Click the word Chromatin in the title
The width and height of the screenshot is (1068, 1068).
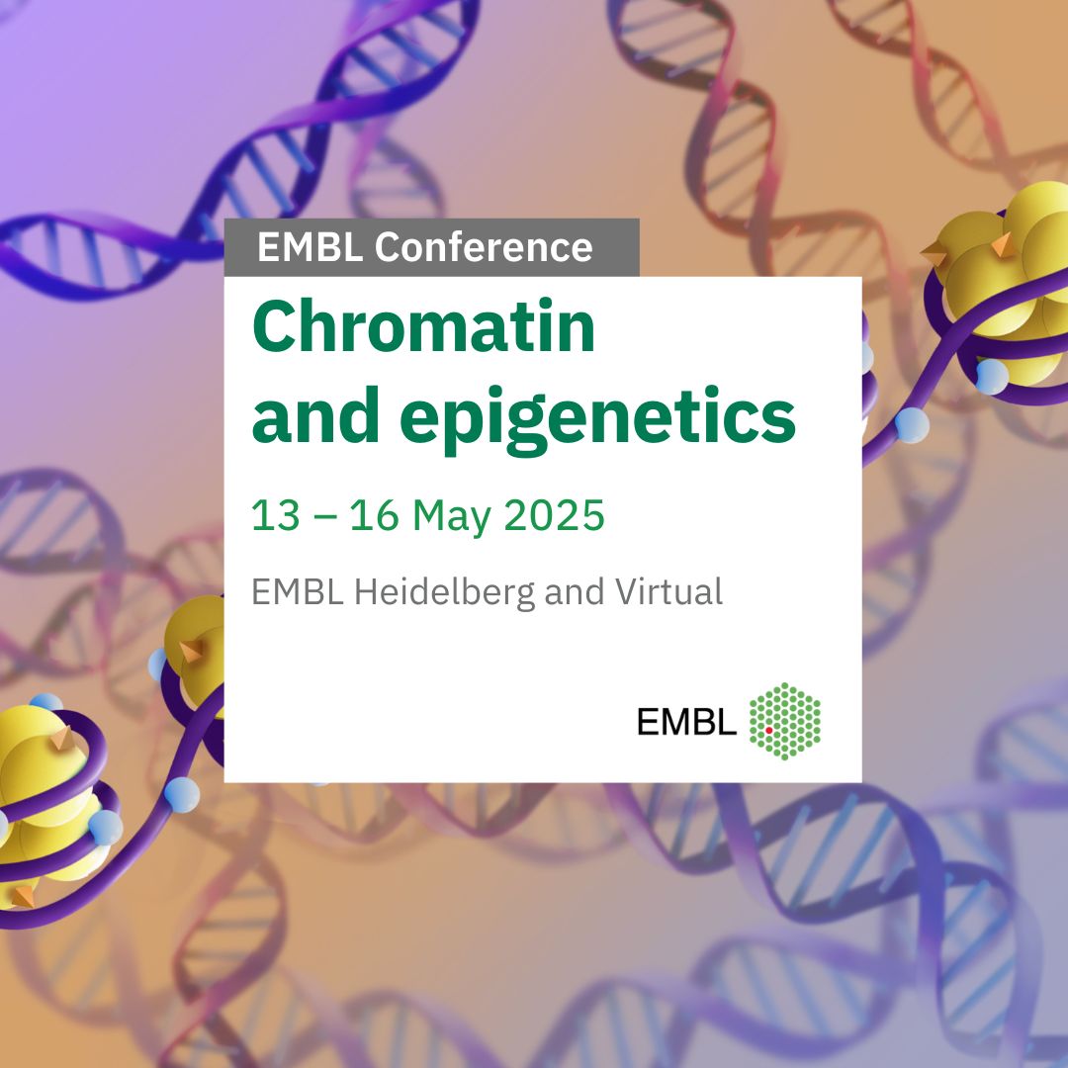coord(423,326)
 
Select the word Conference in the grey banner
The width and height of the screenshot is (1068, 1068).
coord(484,246)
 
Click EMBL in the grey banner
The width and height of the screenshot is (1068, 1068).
coord(310,246)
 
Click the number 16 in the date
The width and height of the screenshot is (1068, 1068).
coord(374,514)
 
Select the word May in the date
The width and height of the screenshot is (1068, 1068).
coord(452,517)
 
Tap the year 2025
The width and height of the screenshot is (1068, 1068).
coord(554,514)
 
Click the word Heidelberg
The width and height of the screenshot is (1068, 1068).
coord(444,592)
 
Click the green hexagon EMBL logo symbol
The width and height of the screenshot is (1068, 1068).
coord(784,721)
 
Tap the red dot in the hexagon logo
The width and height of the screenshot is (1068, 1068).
coord(769,730)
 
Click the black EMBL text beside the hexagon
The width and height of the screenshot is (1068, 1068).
coord(686,721)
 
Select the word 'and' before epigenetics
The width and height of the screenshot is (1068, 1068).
coord(315,414)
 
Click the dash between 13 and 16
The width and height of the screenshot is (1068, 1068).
coord(325,517)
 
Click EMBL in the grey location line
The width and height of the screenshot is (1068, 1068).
coord(297,591)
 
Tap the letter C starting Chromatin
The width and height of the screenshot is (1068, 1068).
coord(274,327)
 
